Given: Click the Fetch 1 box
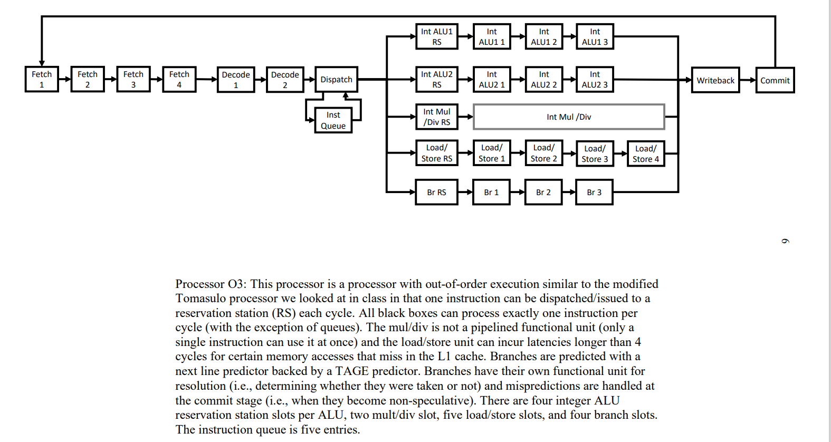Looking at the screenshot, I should coord(42,79).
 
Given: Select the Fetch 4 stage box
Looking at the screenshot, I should coord(179,79).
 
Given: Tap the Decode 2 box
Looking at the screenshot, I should coord(285,80).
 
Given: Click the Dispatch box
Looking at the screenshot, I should coord(336,80).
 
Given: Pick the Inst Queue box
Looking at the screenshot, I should coord(333,120).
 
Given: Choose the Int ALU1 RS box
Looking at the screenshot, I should coord(436,36).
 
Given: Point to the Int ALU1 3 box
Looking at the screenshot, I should coord(595,36).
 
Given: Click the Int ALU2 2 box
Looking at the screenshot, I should coord(543,79).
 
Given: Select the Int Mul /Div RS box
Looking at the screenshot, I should coord(436,117).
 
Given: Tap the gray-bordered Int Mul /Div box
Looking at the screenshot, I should coord(569,117).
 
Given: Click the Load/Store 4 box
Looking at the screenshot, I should coord(645,153).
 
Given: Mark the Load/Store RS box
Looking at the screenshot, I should coord(436,153).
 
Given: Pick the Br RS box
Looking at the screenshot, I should coord(436,192).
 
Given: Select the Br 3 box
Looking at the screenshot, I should coord(594,192).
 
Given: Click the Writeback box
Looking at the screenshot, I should coord(715,80).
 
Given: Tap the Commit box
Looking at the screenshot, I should coord(775,80).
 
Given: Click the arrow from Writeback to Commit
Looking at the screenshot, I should coord(748,80).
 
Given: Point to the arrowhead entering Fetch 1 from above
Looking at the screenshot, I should coord(42,63).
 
